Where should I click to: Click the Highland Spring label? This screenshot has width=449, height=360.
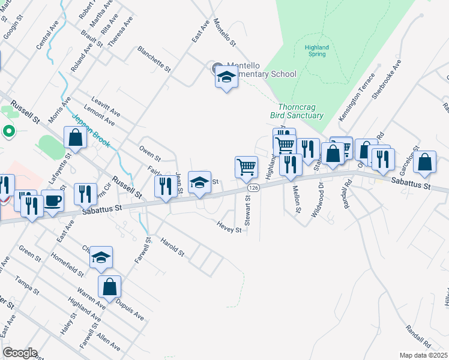tap(316, 50)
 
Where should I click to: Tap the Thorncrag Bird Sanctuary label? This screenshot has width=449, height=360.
tap(301, 111)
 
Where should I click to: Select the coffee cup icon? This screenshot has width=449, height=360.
tap(52, 200)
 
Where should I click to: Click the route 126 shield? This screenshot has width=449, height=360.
tap(254, 188)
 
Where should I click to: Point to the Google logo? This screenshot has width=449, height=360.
tap(20, 353)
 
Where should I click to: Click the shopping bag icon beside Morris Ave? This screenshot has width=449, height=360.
tap(77, 139)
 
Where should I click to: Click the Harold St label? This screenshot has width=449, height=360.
tap(172, 247)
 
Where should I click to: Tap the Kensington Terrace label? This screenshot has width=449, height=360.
tap(357, 97)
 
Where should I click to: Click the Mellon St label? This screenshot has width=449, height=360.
tap(296, 199)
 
